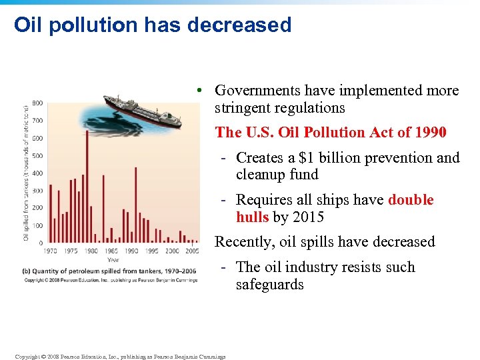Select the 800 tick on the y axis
[x=37, y=103]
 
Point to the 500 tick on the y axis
[x=37, y=156]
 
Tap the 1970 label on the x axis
[x=50, y=251]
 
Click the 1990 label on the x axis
[x=131, y=251]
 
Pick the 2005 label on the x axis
[x=192, y=251]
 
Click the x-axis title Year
[x=113, y=259]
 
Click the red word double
[x=411, y=200]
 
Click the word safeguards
[x=269, y=285]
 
